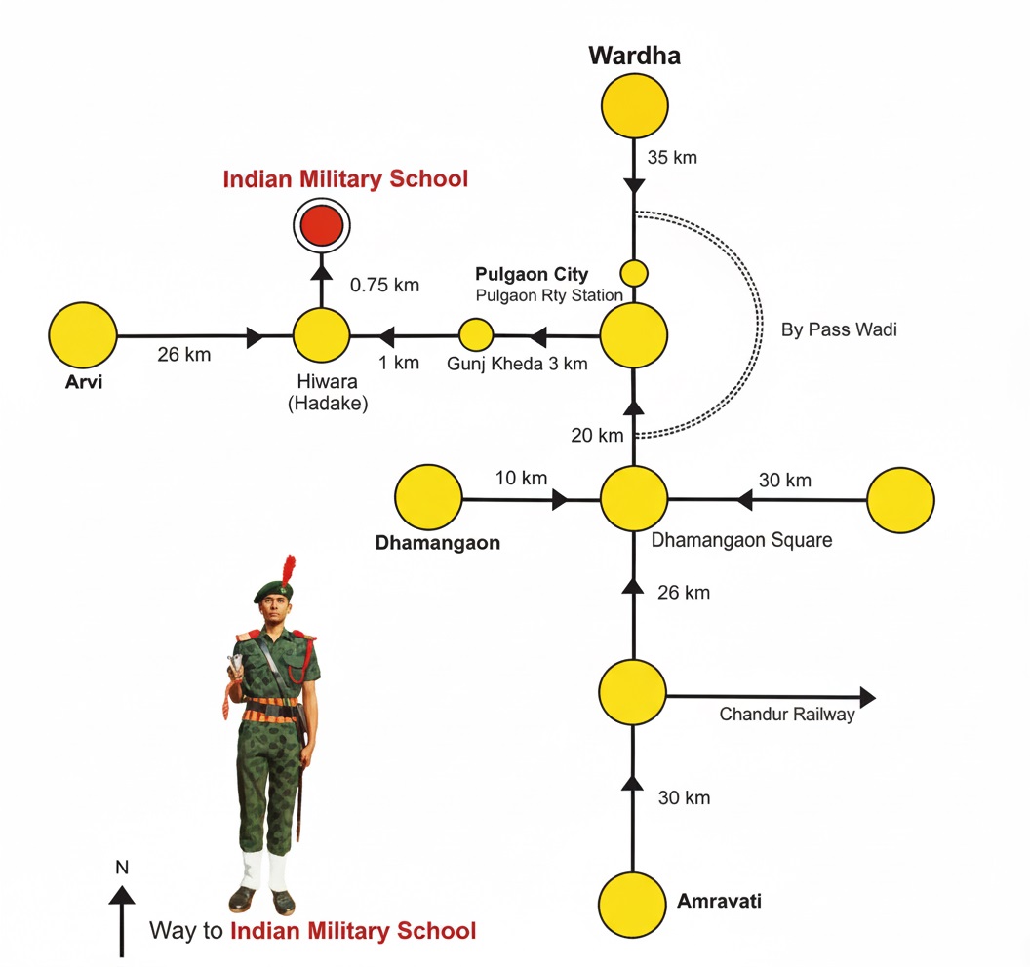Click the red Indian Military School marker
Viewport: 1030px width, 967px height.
321,226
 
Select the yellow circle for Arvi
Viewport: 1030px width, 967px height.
83,336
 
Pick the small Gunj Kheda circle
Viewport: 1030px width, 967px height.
476,334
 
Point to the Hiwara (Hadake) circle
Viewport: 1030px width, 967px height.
321,336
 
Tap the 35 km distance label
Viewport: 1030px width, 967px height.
672,157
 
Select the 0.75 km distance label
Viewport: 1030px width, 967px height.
384,285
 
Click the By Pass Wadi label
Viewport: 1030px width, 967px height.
839,329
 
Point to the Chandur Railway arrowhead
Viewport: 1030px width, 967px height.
867,696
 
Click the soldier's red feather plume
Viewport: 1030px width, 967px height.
288,570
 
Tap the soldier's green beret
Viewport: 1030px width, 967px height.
272,590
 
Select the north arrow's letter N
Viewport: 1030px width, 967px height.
122,867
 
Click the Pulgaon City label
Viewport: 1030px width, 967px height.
532,274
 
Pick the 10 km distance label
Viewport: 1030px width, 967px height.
521,478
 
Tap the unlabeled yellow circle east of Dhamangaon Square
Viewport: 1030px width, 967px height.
900,500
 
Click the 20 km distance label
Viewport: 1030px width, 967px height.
596,436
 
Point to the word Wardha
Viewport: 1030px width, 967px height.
634,56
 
